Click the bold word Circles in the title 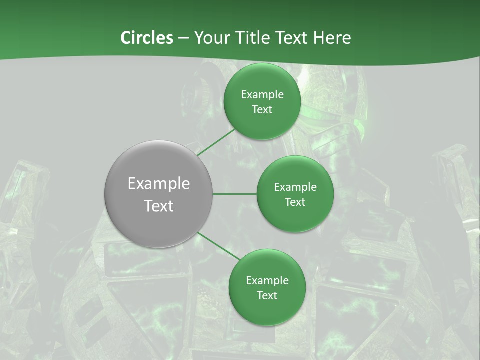click(x=147, y=38)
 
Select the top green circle click(x=262, y=122)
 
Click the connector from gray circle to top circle click(x=216, y=142)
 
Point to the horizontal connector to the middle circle click(x=235, y=194)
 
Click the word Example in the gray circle click(x=159, y=184)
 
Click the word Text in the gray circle click(x=159, y=206)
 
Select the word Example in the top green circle click(x=262, y=94)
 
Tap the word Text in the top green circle click(x=262, y=109)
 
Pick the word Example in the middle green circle click(x=295, y=187)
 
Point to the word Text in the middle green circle click(x=295, y=202)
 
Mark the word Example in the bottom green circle click(x=267, y=280)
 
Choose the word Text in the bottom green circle click(x=267, y=295)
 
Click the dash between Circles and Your click(x=183, y=38)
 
